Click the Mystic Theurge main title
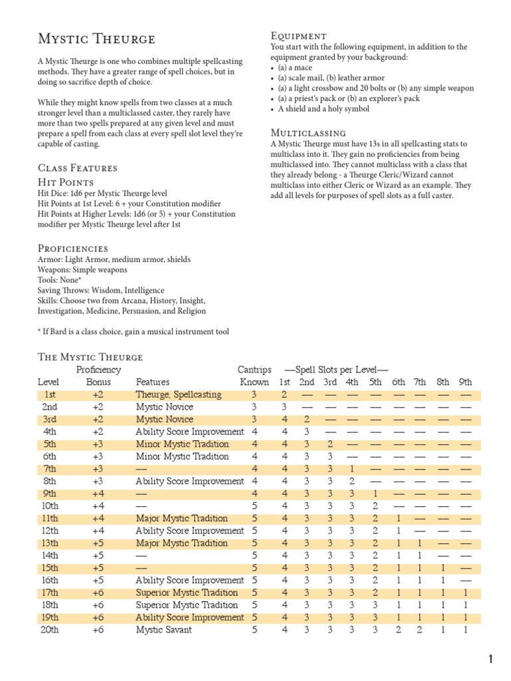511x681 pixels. click(x=96, y=39)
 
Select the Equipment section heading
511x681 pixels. click(x=299, y=35)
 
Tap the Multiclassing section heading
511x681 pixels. click(x=308, y=132)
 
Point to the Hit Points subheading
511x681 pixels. click(x=66, y=182)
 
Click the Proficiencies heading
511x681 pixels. click(x=73, y=248)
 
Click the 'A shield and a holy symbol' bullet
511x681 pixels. click(x=320, y=109)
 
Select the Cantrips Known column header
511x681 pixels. click(x=254, y=375)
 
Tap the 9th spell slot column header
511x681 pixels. click(x=465, y=382)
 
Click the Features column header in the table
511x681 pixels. click(x=152, y=382)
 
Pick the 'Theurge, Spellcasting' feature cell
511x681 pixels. click(x=178, y=394)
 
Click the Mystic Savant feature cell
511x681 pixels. click(x=164, y=630)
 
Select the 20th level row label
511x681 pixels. click(x=50, y=630)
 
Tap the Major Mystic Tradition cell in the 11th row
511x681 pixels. click(x=182, y=518)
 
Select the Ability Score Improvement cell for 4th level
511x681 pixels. click(x=190, y=432)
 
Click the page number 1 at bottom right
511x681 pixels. click(x=490, y=660)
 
